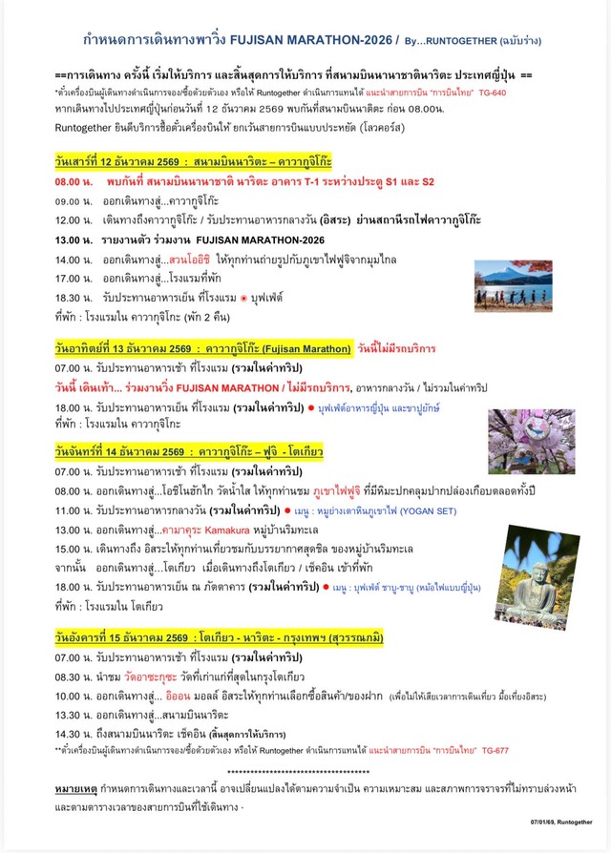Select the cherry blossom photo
[531, 442]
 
